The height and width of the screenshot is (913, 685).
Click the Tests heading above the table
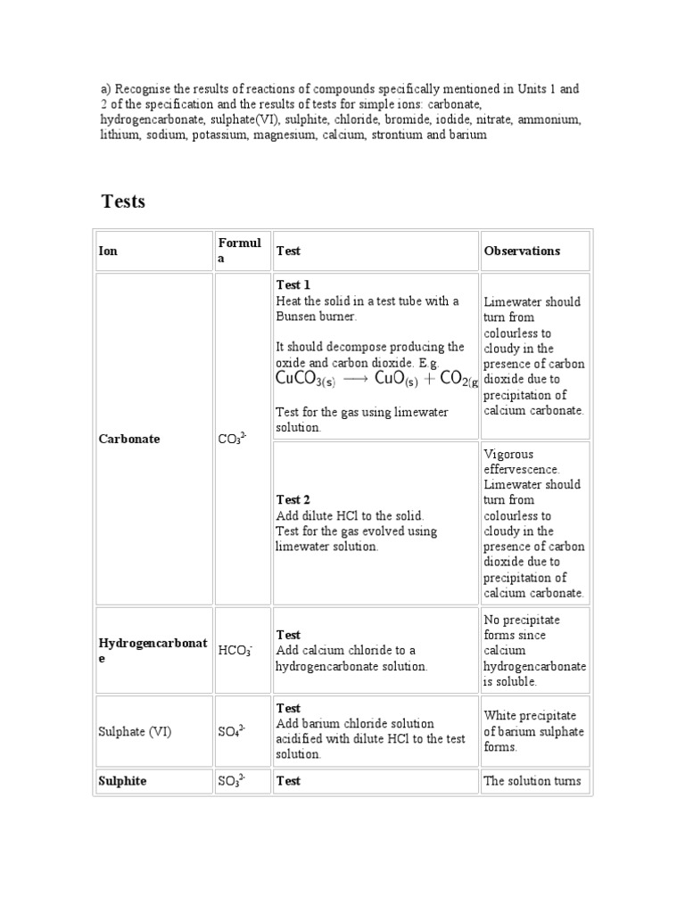click(x=123, y=202)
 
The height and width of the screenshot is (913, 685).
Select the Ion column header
click(x=107, y=251)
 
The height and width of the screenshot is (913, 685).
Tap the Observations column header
click(x=522, y=251)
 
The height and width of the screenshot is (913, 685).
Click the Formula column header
click(x=239, y=251)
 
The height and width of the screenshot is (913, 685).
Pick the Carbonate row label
click(x=129, y=440)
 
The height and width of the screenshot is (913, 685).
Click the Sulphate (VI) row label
click(x=135, y=732)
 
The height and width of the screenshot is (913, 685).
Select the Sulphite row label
click(x=122, y=781)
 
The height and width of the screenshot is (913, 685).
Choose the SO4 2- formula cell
click(x=232, y=732)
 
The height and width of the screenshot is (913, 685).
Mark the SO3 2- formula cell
click(x=232, y=781)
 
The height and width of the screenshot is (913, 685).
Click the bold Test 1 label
click(x=293, y=285)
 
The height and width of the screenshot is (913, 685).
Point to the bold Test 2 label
click(x=293, y=500)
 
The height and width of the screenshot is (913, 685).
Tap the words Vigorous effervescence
click(x=521, y=462)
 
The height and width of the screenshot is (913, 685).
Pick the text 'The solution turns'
click(x=532, y=781)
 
